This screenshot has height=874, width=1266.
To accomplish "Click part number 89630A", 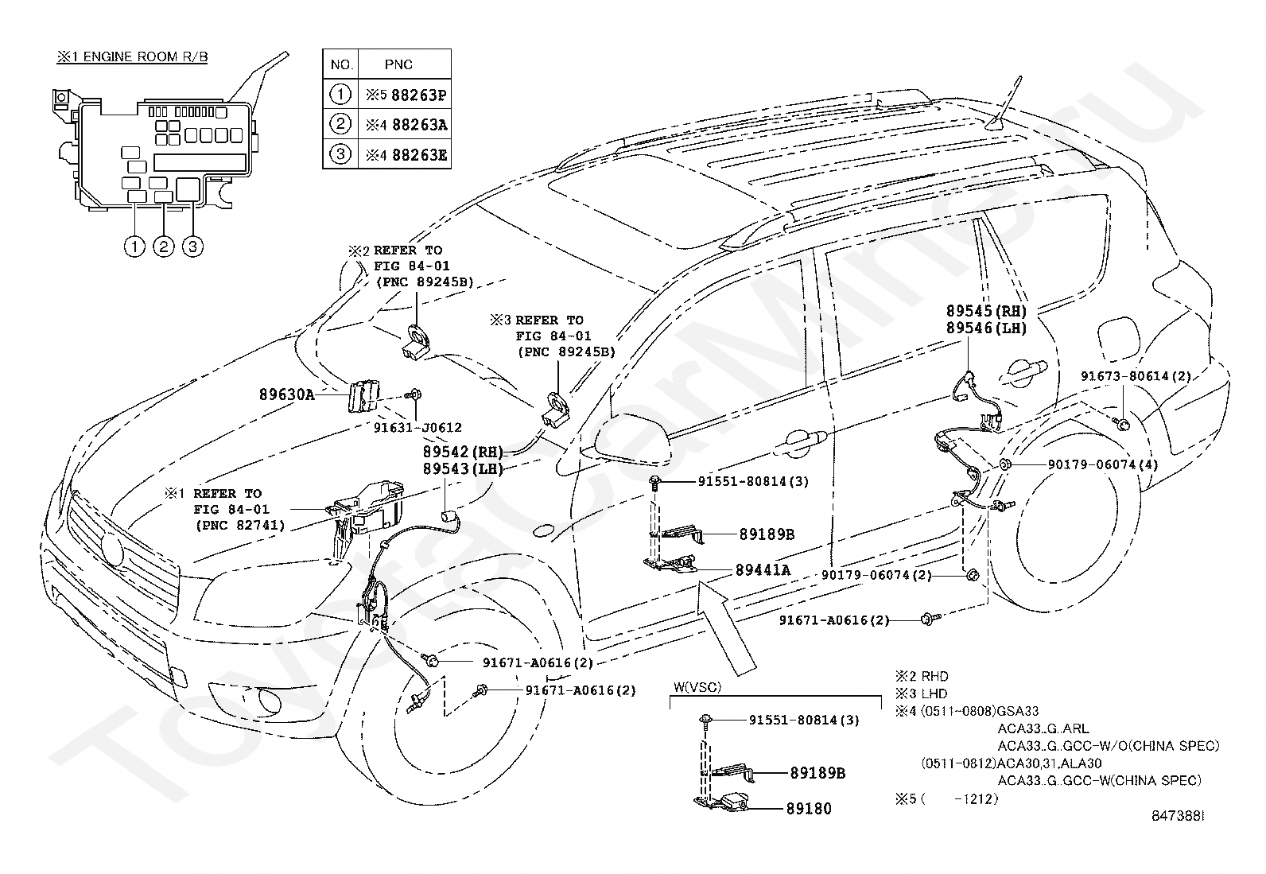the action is pos(286,394).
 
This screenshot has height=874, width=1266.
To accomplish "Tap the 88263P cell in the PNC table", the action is pos(406,95).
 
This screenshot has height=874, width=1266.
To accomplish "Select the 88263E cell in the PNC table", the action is pos(406,154).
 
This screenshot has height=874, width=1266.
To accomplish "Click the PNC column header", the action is pos(398,64).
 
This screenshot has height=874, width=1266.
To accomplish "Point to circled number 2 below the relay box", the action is pos(164,247).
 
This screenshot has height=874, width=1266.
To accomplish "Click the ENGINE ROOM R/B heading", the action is pos(132,56).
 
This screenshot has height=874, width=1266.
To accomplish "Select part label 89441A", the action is pos(763,570).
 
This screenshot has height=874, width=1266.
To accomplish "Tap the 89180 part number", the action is pos(809,809).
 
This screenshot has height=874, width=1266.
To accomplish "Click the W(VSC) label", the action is pos(697,687).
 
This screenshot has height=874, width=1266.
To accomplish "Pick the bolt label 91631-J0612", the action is pos(417,427).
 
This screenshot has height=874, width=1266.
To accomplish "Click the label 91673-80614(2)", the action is pos(1136,376).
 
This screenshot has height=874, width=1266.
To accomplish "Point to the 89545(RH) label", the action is pos(986,310).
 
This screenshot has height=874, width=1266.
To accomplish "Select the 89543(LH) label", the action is pos(463,468).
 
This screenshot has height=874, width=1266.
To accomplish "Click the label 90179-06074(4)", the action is pos(1103,464).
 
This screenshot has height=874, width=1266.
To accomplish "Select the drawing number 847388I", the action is pos(1178,832).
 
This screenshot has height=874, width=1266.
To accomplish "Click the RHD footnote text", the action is pos(921,676).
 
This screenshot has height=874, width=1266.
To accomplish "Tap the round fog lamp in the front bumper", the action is pos(266,701).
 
